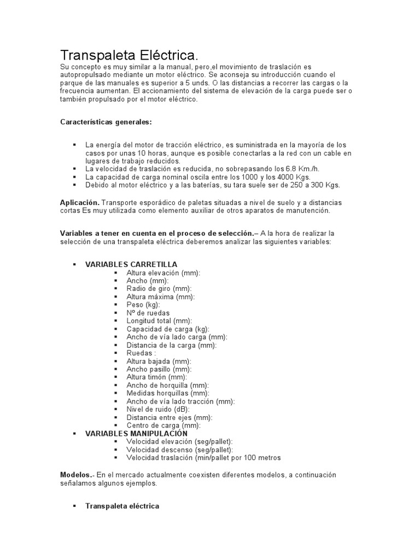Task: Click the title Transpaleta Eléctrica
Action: click(x=128, y=55)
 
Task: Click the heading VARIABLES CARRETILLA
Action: click(x=131, y=264)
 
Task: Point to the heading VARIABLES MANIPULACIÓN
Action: click(x=132, y=433)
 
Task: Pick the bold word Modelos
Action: click(x=77, y=475)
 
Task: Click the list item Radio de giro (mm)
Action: click(x=159, y=288)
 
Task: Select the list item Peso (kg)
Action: click(x=143, y=305)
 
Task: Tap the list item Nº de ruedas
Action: click(x=148, y=313)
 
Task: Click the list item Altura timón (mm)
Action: click(x=156, y=377)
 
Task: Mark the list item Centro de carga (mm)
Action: click(x=164, y=425)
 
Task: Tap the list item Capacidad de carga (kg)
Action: click(x=168, y=329)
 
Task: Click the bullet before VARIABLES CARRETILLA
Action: click(x=74, y=265)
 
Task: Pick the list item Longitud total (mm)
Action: click(x=159, y=321)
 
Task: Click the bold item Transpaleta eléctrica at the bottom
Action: click(x=122, y=506)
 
